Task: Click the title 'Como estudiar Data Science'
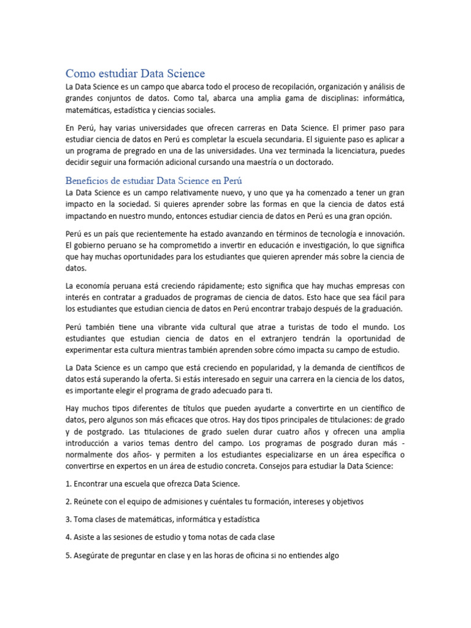click(x=135, y=74)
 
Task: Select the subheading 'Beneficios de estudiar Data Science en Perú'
click(x=154, y=181)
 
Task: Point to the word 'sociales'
click(x=197, y=110)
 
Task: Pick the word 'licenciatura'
click(x=350, y=150)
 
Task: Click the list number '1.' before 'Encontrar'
click(x=69, y=484)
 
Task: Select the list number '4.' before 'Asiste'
click(x=69, y=537)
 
